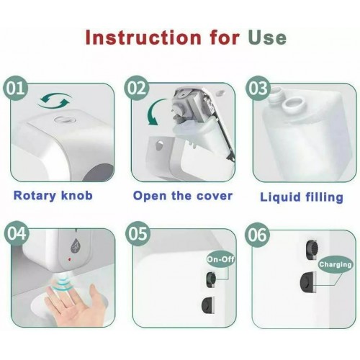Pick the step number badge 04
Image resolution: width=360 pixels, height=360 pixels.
15,234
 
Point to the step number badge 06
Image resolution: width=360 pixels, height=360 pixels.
257,234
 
